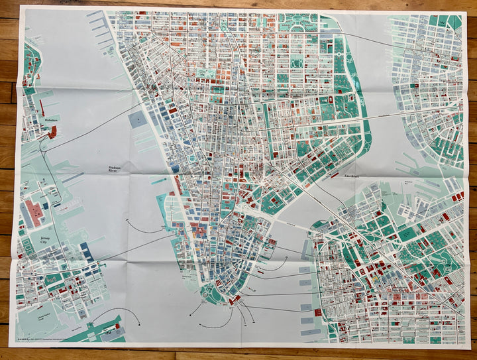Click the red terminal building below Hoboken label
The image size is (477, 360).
52,132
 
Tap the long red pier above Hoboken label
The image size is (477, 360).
42,108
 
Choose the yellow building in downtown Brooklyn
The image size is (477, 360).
377,281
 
